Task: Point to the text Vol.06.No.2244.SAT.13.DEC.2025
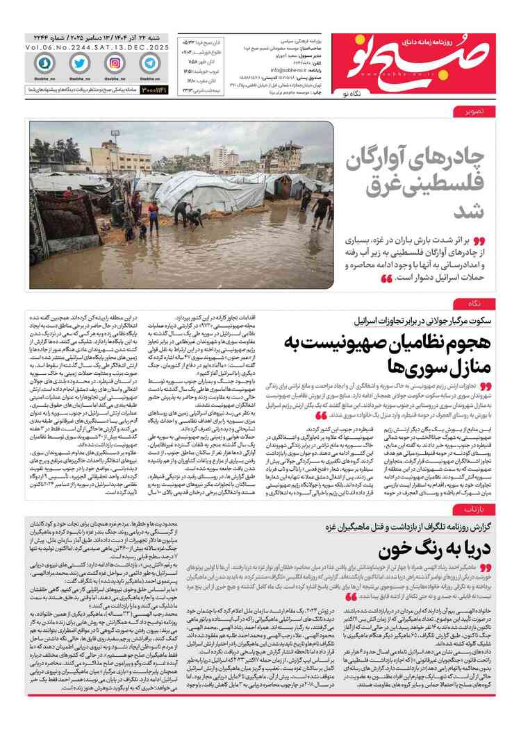click(x=94, y=47)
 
